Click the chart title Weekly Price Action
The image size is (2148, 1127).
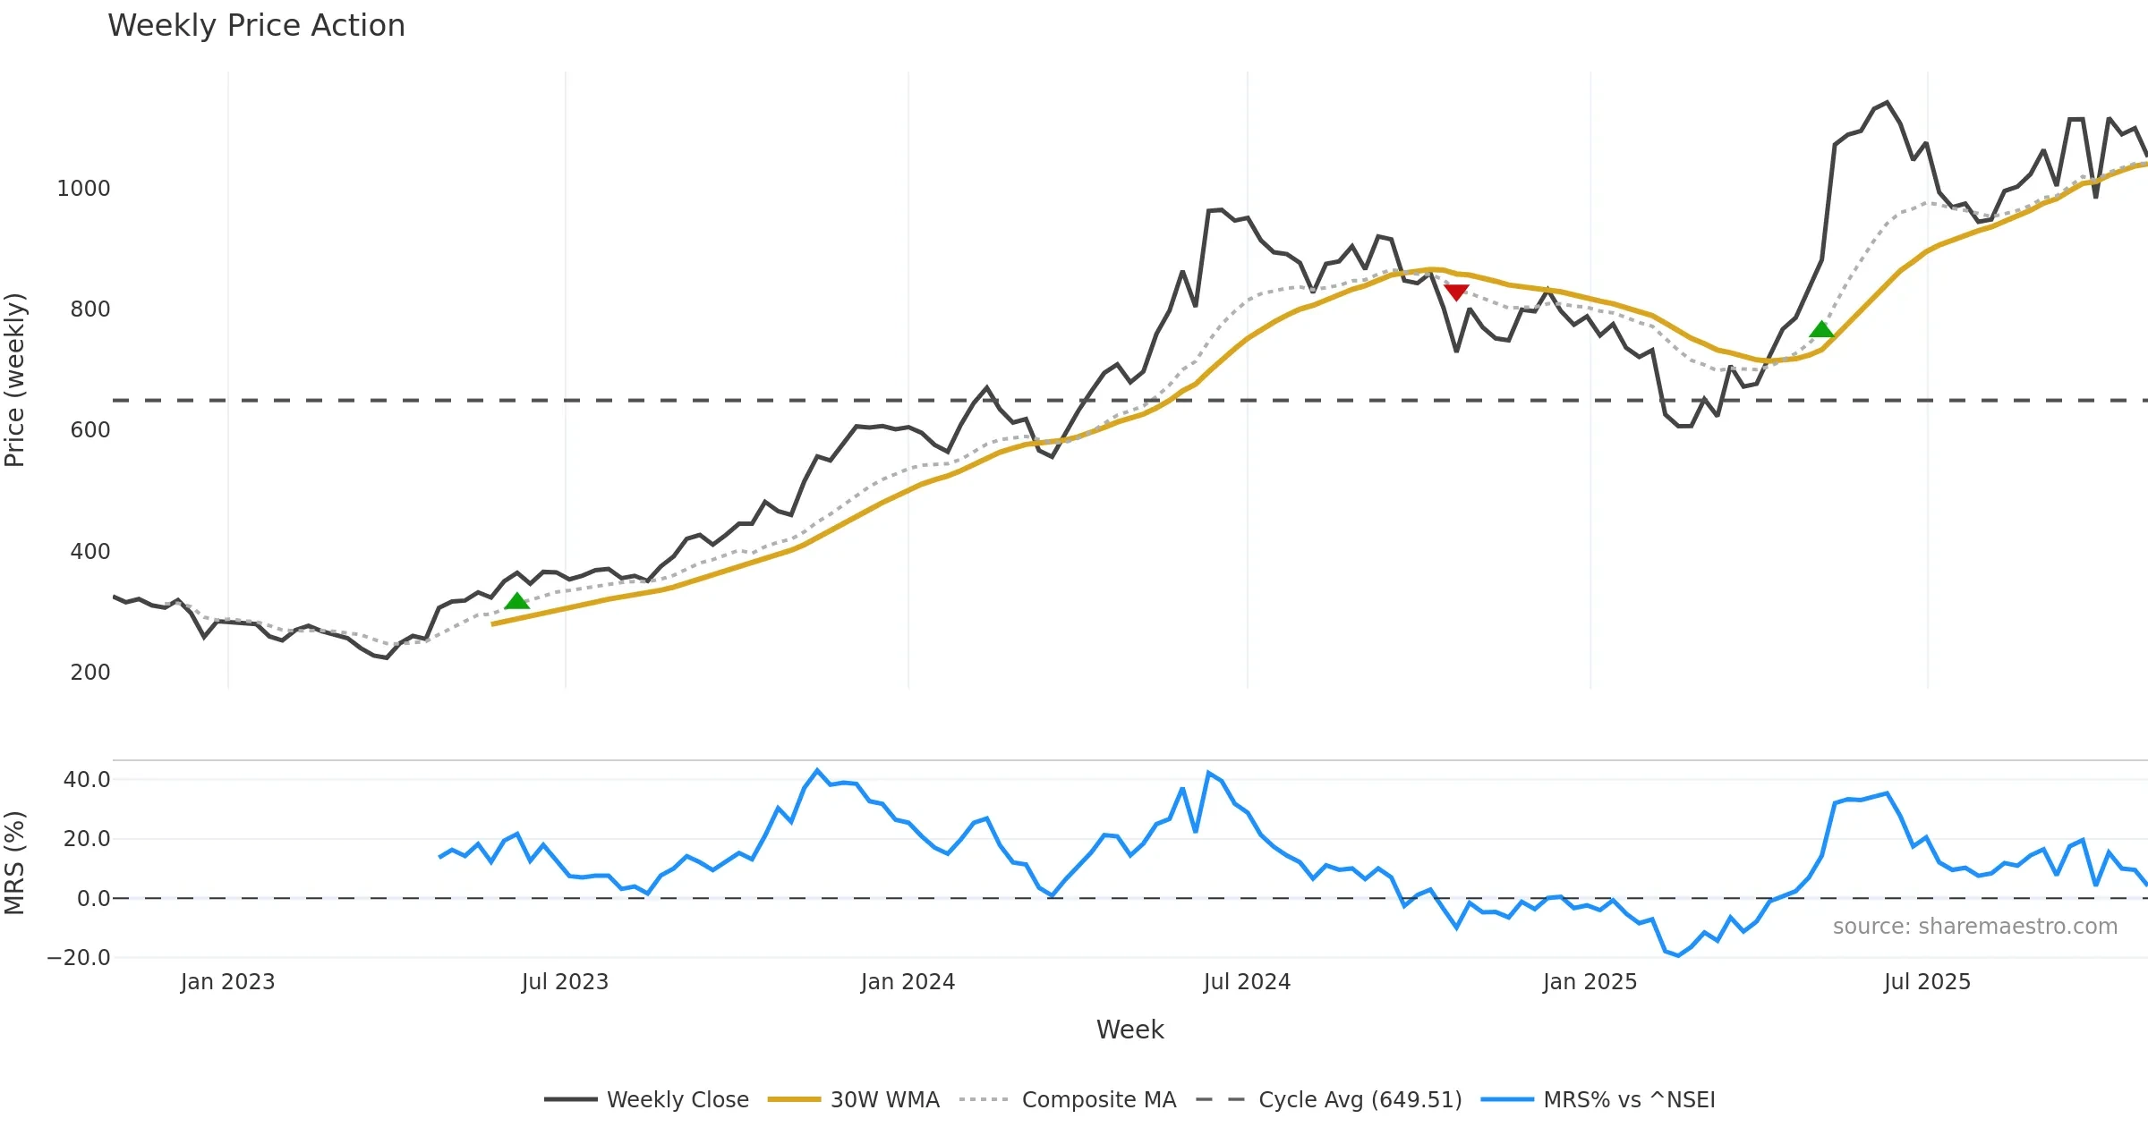(256, 26)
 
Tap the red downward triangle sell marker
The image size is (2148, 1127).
(1456, 292)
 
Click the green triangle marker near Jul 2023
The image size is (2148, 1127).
(516, 601)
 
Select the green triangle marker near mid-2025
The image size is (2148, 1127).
(1821, 330)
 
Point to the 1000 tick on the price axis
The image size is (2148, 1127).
(83, 189)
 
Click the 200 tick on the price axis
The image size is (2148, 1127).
(89, 673)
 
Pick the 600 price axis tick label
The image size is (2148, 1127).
(89, 430)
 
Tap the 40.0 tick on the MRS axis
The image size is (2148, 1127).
(86, 780)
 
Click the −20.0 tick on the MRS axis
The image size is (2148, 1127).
(79, 958)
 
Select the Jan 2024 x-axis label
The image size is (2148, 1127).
(908, 982)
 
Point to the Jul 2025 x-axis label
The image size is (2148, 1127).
(1927, 982)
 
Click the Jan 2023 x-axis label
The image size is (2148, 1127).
(227, 982)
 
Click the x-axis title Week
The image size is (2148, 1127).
(1129, 1030)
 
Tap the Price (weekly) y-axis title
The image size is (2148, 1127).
(15, 380)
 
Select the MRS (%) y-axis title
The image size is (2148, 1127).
(15, 863)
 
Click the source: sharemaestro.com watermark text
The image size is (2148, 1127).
(1974, 927)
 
